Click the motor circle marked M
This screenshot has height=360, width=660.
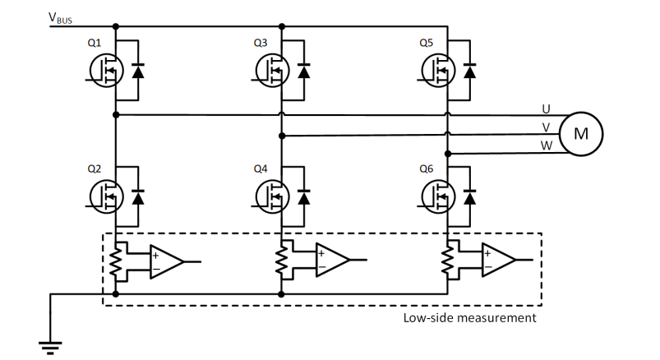pyautogui.click(x=580, y=132)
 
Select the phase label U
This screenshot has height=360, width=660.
pyautogui.click(x=547, y=108)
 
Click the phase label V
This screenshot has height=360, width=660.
pyautogui.click(x=547, y=127)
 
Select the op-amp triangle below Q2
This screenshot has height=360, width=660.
pyautogui.click(x=167, y=260)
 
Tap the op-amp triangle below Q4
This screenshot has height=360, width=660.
pyautogui.click(x=333, y=260)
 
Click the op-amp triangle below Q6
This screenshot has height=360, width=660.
pyautogui.click(x=499, y=260)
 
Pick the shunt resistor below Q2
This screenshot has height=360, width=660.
pyautogui.click(x=115, y=261)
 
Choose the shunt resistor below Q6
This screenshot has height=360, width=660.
pyautogui.click(x=448, y=261)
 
